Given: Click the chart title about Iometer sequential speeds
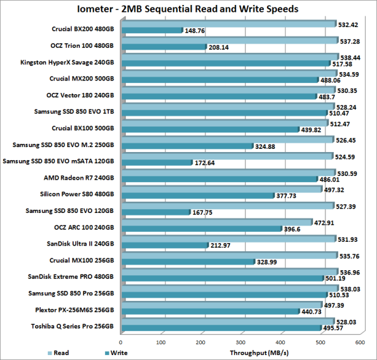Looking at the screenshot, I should click(188, 9).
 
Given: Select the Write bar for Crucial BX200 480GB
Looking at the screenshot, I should click(151, 30).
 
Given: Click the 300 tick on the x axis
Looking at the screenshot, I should click(241, 342).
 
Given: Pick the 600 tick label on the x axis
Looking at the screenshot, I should click(360, 342).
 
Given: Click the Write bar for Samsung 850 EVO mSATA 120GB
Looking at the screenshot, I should click(156, 163).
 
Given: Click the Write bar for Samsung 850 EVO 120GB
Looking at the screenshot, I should click(155, 212).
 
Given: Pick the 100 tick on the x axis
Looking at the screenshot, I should click(161, 342).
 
